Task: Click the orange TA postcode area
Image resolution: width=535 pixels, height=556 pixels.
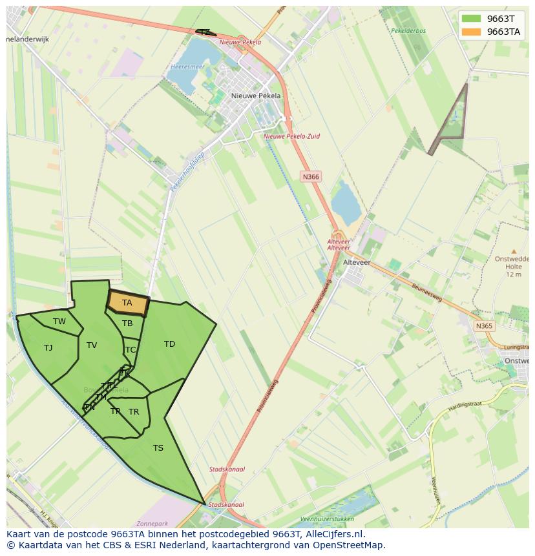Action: click(x=127, y=302)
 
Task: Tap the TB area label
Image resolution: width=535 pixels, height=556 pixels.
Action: click(x=127, y=324)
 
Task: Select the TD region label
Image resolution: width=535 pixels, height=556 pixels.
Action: click(x=169, y=344)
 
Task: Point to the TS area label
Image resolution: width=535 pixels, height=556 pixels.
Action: click(x=158, y=448)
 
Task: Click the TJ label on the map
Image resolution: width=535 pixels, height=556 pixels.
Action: click(x=48, y=348)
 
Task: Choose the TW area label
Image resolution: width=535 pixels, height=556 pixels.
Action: click(x=59, y=322)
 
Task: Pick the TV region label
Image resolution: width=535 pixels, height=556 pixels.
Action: click(x=92, y=345)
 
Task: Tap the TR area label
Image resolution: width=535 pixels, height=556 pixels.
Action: click(x=134, y=412)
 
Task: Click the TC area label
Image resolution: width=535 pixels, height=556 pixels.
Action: click(x=131, y=350)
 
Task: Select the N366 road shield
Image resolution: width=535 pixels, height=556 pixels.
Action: click(x=311, y=176)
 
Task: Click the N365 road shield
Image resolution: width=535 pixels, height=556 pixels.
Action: click(x=484, y=326)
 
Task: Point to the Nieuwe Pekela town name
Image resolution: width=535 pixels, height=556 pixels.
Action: click(x=256, y=96)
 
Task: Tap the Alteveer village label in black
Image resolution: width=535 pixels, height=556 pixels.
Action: click(x=357, y=262)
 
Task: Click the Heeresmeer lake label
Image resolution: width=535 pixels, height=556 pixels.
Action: click(x=188, y=67)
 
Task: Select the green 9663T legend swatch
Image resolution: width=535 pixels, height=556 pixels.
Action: click(x=472, y=19)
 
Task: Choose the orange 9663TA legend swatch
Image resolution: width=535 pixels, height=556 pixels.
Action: click(x=472, y=32)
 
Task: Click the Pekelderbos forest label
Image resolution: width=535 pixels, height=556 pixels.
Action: click(x=408, y=30)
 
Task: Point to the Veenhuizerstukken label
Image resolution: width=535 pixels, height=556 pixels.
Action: click(x=327, y=519)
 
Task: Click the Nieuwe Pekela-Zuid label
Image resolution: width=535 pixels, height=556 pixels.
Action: click(x=291, y=136)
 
